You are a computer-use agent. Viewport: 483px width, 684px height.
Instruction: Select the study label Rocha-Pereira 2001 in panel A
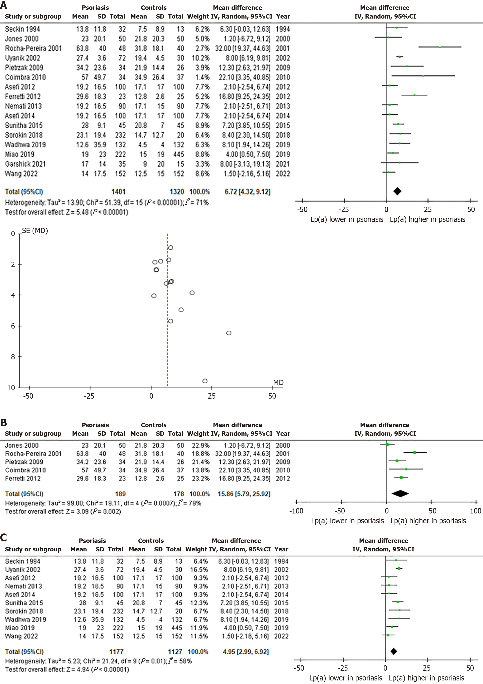coord(33,48)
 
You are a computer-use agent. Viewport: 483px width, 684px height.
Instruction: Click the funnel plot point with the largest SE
coord(205,381)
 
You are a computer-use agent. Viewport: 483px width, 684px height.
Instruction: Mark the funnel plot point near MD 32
coord(229,333)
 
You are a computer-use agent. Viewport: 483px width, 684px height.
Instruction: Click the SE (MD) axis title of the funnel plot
coord(35,231)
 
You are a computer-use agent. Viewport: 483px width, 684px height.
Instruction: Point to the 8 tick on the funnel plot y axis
coord(13,357)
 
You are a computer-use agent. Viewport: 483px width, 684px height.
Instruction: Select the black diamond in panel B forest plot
coord(400,494)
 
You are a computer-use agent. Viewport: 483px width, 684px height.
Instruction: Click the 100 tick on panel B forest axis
coord(475,511)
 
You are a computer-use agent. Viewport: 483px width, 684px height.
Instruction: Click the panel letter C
coord(4,537)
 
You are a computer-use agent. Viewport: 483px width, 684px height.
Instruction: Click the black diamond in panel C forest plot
coord(394,651)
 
